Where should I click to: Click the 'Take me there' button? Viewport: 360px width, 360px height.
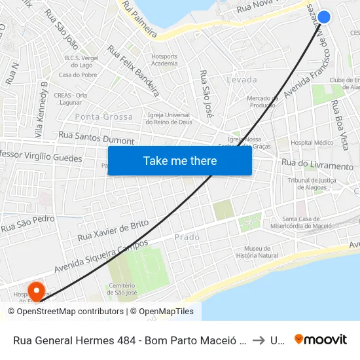pyautogui.click(x=180, y=161)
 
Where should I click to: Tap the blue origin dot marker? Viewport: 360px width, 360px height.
pyautogui.click(x=323, y=18)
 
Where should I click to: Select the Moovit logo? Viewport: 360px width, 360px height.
pyautogui.click(x=321, y=340)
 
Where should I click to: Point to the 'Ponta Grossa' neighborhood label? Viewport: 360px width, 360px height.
pyautogui.click(x=104, y=117)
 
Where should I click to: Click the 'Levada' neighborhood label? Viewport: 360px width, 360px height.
pyautogui.click(x=241, y=79)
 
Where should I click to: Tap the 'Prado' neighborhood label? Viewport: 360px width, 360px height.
pyautogui.click(x=188, y=237)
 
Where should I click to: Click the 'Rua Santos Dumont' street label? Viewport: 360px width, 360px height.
pyautogui.click(x=96, y=137)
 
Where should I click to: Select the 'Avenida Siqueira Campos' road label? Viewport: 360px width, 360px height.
pyautogui.click(x=101, y=258)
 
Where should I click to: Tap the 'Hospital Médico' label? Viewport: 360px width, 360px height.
pyautogui.click(x=312, y=142)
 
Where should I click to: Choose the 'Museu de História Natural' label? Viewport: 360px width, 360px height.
pyautogui.click(x=257, y=252)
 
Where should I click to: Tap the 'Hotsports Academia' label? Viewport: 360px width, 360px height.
pyautogui.click(x=164, y=60)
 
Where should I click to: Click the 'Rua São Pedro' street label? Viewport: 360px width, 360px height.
pyautogui.click(x=27, y=224)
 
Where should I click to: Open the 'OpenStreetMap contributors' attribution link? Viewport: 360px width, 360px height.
pyautogui.click(x=70, y=312)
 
